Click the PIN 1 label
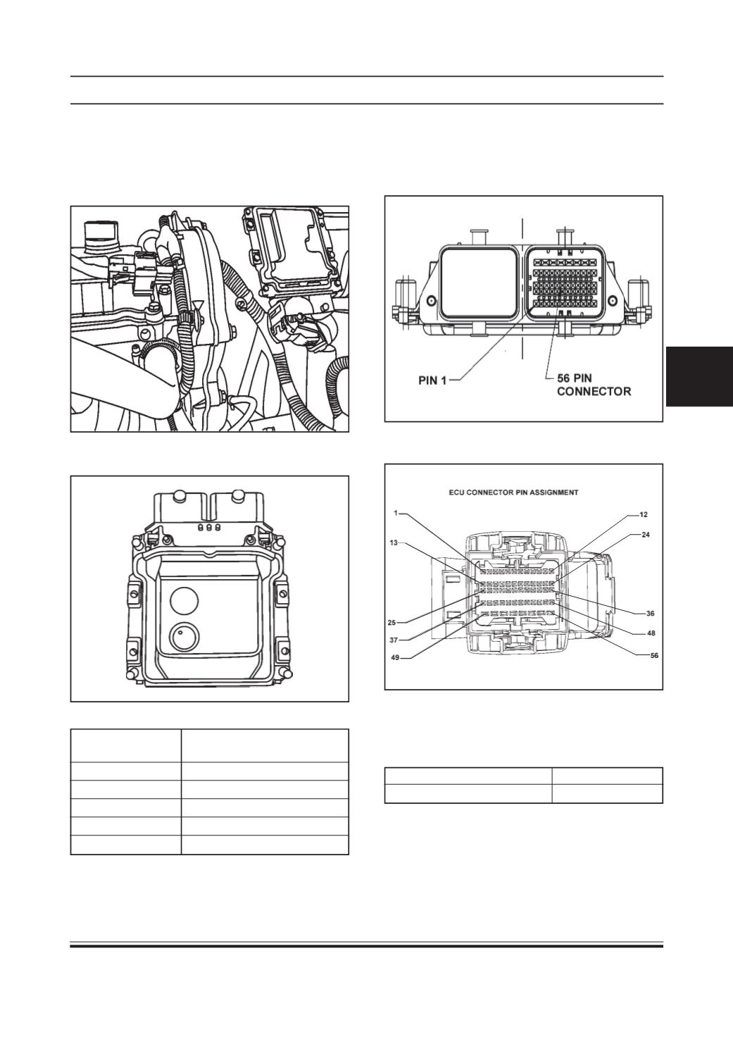pyautogui.click(x=432, y=380)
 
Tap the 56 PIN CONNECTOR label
pyautogui.click(x=594, y=385)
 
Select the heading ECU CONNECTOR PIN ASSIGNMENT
pyautogui.click(x=513, y=492)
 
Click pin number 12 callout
pyautogui.click(x=644, y=514)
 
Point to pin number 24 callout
pyautogui.click(x=645, y=534)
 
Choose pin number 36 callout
pyautogui.click(x=650, y=614)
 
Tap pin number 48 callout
pyautogui.click(x=651, y=633)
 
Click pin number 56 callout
pyautogui.click(x=654, y=656)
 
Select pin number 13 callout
pyautogui.click(x=394, y=542)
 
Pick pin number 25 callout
pyautogui.click(x=391, y=623)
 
